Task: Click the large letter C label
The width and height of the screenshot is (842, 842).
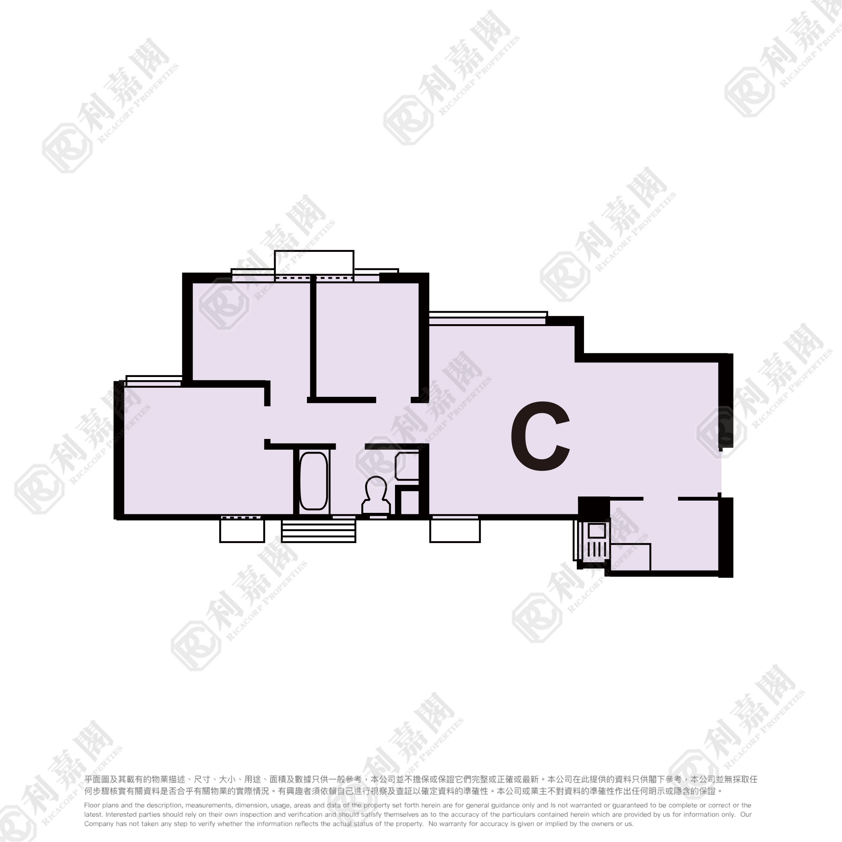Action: tap(540, 436)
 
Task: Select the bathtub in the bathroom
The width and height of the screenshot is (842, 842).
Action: tap(313, 481)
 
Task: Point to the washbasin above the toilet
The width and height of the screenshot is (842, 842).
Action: tap(407, 466)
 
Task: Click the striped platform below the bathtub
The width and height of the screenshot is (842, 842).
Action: tap(318, 531)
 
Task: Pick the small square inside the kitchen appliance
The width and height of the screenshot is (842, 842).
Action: tap(597, 531)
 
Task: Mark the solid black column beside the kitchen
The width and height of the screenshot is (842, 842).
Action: tap(594, 506)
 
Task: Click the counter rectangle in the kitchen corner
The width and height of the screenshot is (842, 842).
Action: tap(630, 557)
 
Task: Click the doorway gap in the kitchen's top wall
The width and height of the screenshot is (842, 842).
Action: tap(660, 499)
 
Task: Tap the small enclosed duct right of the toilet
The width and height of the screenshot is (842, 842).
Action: tap(410, 503)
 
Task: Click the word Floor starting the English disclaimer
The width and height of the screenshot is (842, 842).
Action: tap(92, 805)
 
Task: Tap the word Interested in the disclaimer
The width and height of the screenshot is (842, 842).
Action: tap(122, 814)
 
